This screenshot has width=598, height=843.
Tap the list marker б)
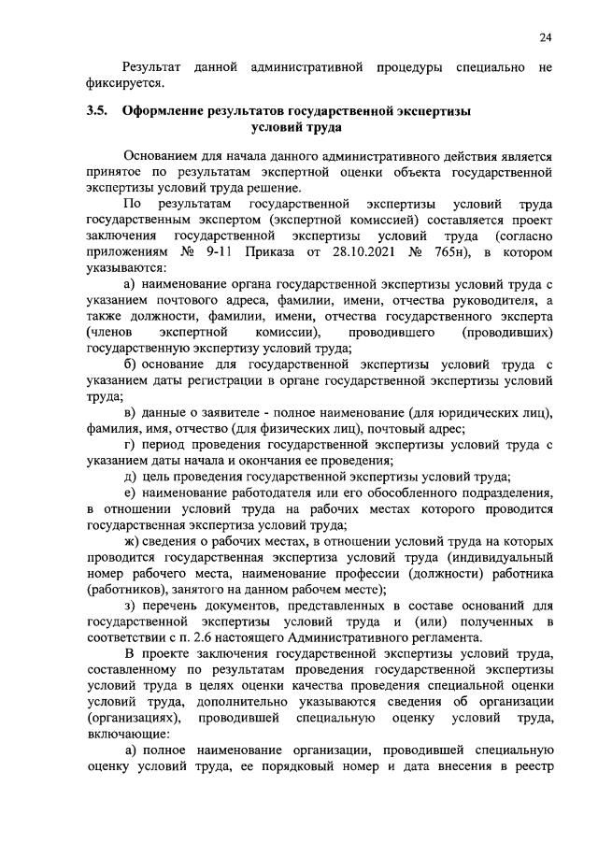131,364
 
